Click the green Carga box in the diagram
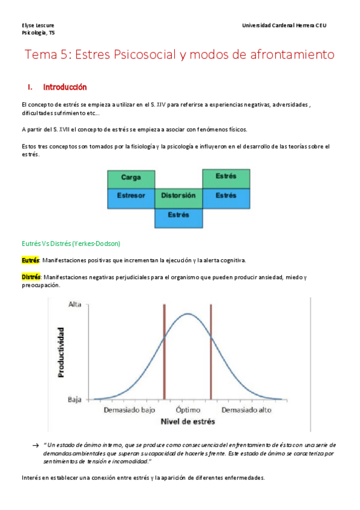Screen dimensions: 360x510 point(130,178)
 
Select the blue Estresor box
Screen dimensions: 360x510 point(130,196)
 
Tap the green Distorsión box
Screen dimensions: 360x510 point(178,196)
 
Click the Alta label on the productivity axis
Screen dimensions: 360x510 point(76,304)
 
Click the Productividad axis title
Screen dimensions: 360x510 point(61,352)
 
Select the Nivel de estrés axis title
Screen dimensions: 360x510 point(188,422)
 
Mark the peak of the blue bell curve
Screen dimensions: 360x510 point(188,313)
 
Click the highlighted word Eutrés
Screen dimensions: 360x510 point(30,260)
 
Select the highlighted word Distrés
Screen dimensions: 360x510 point(31,277)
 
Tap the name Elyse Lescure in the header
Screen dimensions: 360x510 point(37,25)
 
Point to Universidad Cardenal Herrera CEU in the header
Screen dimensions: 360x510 point(284,25)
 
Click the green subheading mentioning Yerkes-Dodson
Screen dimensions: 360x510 point(71,244)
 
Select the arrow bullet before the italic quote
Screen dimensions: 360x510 point(35,444)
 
